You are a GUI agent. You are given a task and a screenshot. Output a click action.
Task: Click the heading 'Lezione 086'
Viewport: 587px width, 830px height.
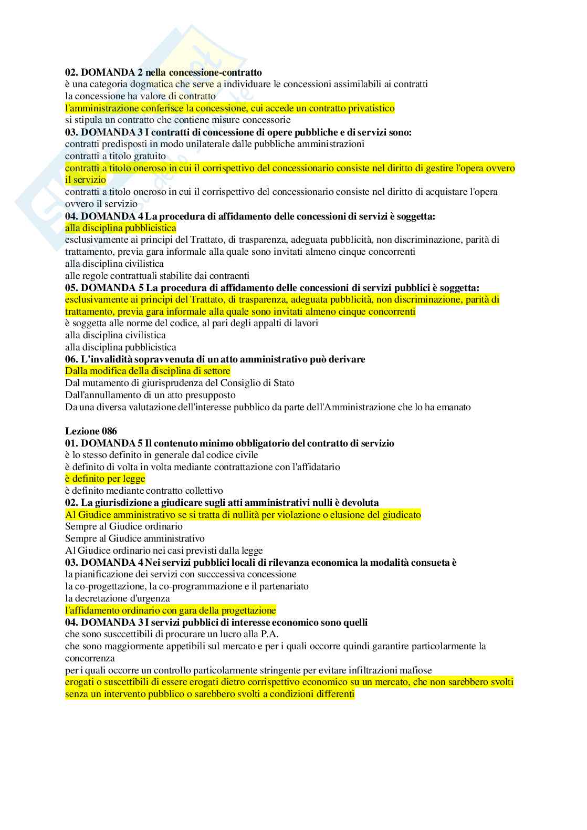point(91,431)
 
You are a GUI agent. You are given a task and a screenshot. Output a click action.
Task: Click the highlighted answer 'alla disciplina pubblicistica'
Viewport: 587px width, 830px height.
point(121,228)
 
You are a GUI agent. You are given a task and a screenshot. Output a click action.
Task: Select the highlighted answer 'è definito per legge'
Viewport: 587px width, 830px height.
point(105,479)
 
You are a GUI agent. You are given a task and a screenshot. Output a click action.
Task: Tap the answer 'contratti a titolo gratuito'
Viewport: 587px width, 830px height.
point(116,156)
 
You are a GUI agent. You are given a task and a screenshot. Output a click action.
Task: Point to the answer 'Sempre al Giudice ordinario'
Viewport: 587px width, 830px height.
point(124,526)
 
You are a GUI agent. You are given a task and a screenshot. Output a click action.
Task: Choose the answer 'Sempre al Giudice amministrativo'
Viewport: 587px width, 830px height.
point(135,538)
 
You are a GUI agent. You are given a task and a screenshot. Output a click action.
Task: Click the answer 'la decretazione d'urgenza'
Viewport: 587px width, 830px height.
point(118,598)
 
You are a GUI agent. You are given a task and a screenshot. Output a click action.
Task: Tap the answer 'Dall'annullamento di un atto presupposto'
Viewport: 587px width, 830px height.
point(150,395)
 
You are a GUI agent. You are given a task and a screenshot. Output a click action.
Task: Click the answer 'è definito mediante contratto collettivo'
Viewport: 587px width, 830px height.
point(144,491)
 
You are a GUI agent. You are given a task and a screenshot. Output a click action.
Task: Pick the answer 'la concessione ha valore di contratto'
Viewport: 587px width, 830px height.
point(140,96)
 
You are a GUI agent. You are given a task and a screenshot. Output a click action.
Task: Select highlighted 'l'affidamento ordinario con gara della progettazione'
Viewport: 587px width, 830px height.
point(171,610)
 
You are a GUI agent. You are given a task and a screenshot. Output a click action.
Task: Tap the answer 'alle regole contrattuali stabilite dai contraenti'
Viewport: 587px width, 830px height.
point(157,276)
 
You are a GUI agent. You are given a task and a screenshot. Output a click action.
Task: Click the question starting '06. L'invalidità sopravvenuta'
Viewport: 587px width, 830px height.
point(215,359)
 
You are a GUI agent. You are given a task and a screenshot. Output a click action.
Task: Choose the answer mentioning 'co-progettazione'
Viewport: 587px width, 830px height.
point(187,586)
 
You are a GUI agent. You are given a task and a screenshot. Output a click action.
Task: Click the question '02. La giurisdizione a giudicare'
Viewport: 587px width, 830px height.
point(222,503)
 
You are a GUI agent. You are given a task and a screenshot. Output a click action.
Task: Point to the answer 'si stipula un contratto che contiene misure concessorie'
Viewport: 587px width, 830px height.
point(178,120)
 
